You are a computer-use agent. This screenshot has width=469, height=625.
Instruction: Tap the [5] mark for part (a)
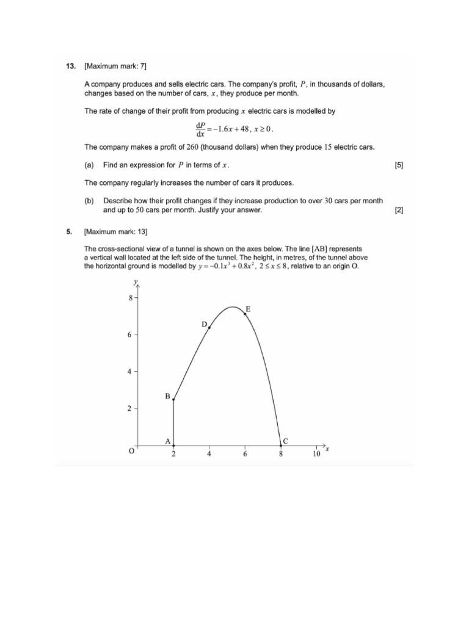399,165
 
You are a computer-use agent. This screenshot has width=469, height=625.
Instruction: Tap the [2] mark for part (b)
399,210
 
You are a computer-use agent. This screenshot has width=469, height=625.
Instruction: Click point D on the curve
209,328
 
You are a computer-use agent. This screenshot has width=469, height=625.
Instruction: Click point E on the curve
245,314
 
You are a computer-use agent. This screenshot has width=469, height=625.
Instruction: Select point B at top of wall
174,400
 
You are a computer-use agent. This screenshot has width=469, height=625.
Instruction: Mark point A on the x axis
174,445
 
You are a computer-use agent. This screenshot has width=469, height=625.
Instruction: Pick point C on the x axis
281,445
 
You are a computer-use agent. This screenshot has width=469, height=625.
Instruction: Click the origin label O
130,452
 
